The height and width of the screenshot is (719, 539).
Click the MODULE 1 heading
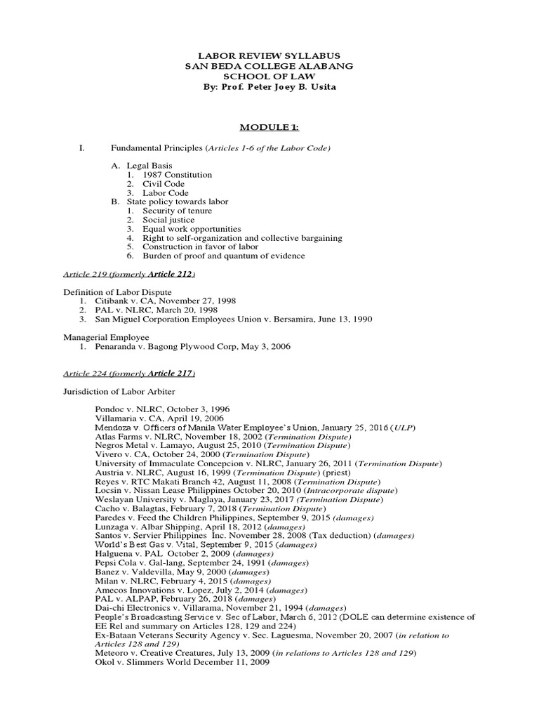point(269,126)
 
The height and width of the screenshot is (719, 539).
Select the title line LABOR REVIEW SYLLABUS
point(269,55)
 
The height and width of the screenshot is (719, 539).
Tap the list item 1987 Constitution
point(177,175)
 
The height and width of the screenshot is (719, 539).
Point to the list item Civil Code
point(164,184)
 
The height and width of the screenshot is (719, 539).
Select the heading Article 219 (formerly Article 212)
point(129,274)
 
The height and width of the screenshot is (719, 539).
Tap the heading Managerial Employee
point(106,337)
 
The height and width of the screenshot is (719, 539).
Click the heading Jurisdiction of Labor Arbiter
point(119,391)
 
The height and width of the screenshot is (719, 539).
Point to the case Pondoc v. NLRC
point(162,409)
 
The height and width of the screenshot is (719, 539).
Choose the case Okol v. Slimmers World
point(182,662)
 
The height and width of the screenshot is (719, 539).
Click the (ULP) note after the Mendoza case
point(405,428)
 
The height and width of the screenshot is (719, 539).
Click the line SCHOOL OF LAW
point(269,76)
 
